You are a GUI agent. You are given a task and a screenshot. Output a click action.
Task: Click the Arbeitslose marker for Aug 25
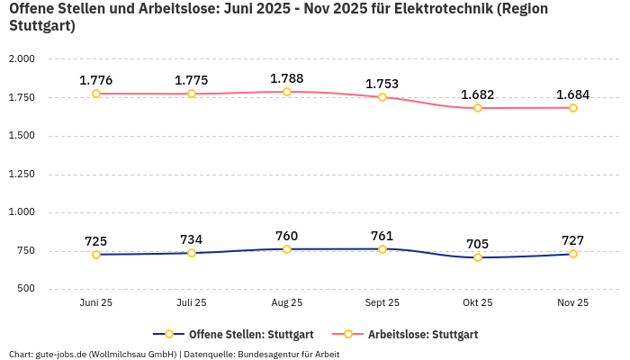287,92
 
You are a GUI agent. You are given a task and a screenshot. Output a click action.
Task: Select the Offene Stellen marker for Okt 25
478,257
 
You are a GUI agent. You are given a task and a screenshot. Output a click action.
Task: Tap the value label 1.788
287,78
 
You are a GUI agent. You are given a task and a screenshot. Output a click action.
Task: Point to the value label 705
478,244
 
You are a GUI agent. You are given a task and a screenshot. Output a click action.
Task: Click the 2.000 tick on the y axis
21,58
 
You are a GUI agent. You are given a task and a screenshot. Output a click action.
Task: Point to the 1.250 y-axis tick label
21,175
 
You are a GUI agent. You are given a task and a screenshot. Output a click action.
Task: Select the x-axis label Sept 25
382,303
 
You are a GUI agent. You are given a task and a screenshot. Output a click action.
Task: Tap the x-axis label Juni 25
96,303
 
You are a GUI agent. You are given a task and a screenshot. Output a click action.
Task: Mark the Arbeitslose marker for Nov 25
573,108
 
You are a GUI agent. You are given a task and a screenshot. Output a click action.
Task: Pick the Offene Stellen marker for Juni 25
96,255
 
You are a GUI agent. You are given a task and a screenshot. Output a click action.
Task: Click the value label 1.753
382,84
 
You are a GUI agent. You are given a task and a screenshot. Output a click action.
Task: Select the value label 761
382,236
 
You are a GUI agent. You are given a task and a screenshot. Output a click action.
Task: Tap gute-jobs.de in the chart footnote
61,354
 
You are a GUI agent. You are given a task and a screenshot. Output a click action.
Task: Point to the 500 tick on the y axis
24,289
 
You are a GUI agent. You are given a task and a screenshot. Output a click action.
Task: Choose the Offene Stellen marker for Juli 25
192,253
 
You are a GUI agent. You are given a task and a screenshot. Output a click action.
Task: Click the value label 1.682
478,94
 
